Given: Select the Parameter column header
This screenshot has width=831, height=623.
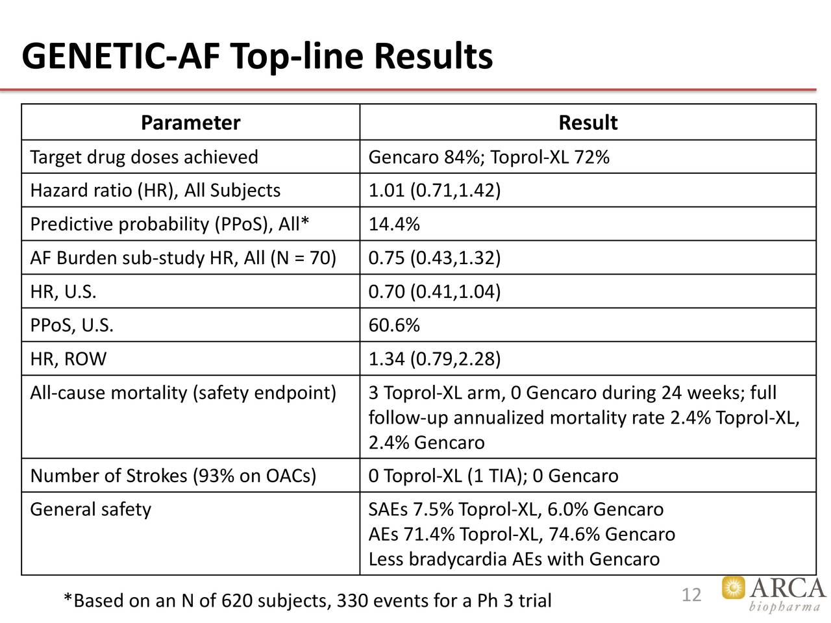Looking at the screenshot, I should tap(190, 123).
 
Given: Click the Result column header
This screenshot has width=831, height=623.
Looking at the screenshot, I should tap(588, 123).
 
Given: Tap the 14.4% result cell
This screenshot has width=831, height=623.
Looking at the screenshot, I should tap(394, 225).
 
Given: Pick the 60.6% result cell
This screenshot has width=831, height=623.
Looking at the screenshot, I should tap(394, 325).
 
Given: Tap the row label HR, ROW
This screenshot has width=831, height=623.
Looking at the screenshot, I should tap(68, 359).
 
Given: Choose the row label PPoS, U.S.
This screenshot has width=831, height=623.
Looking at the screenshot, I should tap(71, 325).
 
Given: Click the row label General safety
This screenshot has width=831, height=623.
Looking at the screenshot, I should tap(90, 509).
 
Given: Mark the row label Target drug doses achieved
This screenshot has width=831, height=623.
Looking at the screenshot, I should tap(143, 157).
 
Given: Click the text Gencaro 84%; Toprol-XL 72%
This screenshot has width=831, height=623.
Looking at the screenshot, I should tap(488, 157).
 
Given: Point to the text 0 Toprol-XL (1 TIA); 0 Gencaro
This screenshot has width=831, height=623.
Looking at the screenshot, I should tap(493, 476).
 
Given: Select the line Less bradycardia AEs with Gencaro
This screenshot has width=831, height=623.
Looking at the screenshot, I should tap(514, 559).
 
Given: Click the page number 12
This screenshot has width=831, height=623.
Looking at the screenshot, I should tap(691, 595).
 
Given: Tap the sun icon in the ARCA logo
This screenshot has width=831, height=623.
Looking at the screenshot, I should tap(734, 588).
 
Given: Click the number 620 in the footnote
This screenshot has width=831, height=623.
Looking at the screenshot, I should tap(237, 601).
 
